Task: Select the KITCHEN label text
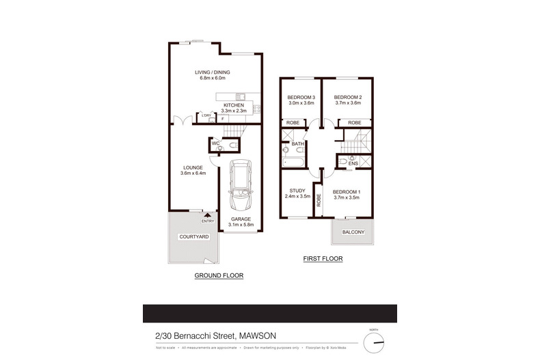(x=233, y=105)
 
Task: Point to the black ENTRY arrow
(x=206, y=215)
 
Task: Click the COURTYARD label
(x=193, y=236)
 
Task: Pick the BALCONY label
(x=353, y=232)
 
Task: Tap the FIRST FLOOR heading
(x=322, y=260)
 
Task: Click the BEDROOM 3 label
(x=301, y=97)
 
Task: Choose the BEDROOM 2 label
(x=347, y=97)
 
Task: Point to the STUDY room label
(x=297, y=191)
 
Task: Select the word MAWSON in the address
(x=264, y=335)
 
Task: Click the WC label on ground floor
(x=215, y=144)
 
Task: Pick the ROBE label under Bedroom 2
(x=354, y=123)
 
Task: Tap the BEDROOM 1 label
(x=346, y=191)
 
